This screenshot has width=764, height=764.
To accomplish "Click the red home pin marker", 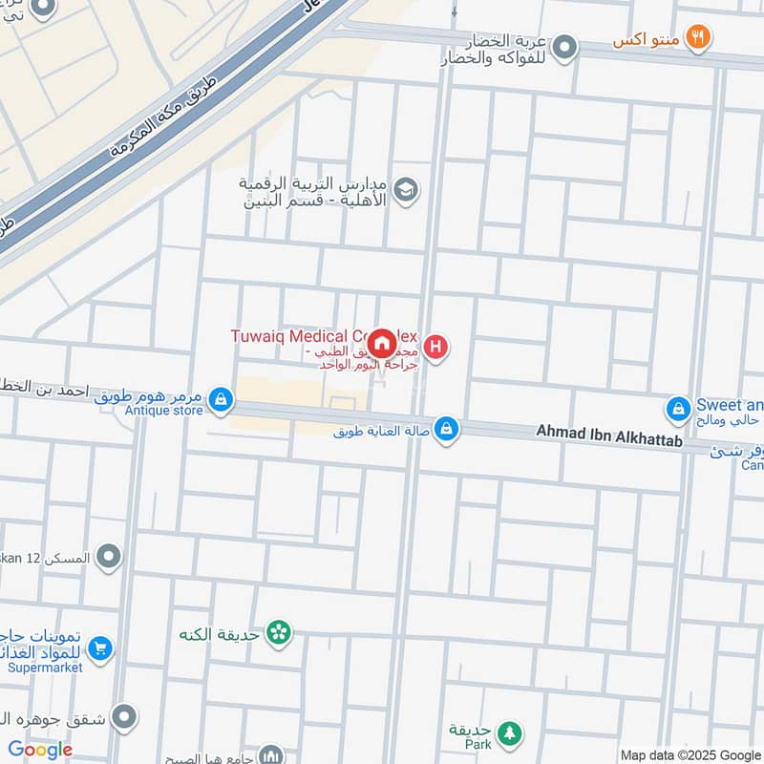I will [x=381, y=344].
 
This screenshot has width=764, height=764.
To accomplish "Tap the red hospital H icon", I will [x=435, y=346].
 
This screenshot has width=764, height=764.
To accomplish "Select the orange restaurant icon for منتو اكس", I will [x=700, y=37].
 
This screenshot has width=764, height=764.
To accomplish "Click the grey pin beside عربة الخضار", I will [x=565, y=46].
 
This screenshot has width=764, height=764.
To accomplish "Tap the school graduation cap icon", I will [x=406, y=189].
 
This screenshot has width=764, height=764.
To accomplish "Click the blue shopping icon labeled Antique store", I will [x=221, y=401].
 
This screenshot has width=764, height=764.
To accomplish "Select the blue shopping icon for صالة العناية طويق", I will [x=445, y=431].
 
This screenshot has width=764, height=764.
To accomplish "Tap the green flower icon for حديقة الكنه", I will [x=278, y=632].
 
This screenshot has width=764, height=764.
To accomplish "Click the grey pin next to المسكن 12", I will [x=110, y=555].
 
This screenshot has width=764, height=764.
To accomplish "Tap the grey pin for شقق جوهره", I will [x=123, y=717].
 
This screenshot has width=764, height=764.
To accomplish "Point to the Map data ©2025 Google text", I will [x=689, y=754].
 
